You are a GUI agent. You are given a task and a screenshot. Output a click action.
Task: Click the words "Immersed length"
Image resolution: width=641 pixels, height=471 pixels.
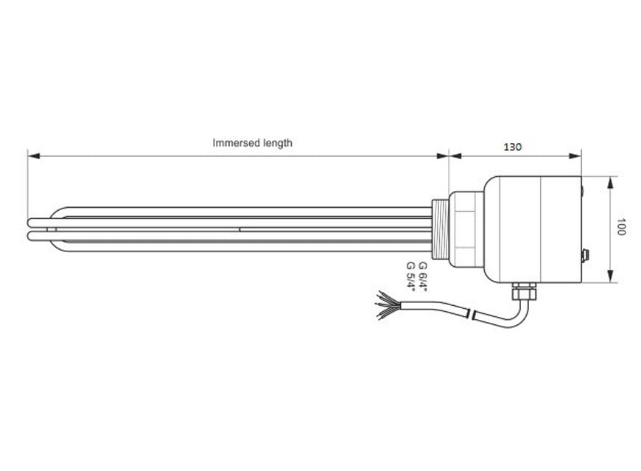coord(252,143)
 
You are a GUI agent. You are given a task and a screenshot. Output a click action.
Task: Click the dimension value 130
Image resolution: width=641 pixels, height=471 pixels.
coord(513,147)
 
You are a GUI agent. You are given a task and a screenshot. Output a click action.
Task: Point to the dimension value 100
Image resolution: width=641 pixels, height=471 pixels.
coord(621,227)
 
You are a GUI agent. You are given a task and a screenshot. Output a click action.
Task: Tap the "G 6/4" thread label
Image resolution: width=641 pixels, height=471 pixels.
coord(422,275)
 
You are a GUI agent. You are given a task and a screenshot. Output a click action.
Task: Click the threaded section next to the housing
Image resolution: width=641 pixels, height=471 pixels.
coord(440,228)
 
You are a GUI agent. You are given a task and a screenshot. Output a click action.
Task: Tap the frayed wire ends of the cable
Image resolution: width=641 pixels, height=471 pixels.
coord(386,304)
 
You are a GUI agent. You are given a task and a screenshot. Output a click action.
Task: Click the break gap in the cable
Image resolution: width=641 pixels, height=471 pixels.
coord(472,317)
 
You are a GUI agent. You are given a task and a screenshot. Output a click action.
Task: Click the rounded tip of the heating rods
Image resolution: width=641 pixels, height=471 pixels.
coord(31,228)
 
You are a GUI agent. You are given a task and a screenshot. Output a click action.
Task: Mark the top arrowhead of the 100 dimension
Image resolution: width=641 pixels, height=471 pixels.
coord(610,181)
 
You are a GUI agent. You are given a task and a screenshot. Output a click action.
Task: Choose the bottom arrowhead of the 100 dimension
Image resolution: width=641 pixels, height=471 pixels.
coord(610,278)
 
